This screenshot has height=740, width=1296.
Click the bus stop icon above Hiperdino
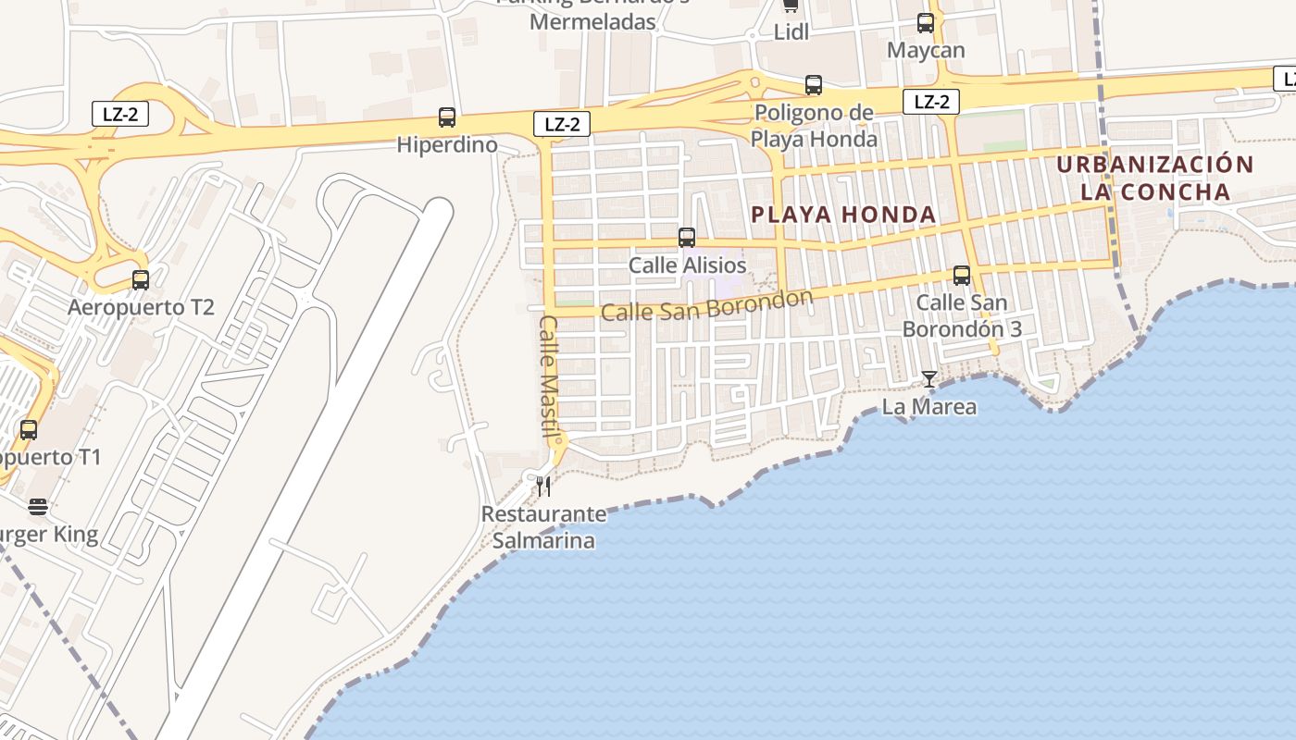click(447, 117)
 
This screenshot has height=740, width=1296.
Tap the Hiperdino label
click(447, 145)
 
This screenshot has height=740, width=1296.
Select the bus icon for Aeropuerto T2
click(141, 279)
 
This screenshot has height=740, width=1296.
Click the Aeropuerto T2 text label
click(141, 307)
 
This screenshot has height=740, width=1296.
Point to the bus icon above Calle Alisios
click(687, 238)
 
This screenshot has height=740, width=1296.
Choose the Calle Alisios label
click(687, 265)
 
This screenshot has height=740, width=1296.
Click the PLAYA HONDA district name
click(843, 215)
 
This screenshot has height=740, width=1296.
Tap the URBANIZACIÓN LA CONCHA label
click(1155, 179)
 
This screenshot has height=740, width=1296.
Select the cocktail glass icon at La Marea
click(929, 379)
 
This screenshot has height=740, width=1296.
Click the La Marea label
click(928, 407)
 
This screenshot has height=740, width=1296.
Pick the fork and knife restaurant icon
click(543, 487)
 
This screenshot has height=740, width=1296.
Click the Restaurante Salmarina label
click(543, 527)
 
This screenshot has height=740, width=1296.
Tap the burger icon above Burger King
click(38, 507)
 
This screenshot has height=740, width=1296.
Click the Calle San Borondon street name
click(706, 305)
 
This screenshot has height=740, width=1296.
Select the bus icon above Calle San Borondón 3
click(962, 275)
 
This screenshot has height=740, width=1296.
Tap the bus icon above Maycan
click(926, 23)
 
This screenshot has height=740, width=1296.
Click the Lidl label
click(791, 32)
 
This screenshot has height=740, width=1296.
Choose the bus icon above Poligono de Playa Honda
click(814, 85)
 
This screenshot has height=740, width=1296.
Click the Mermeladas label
click(593, 21)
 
